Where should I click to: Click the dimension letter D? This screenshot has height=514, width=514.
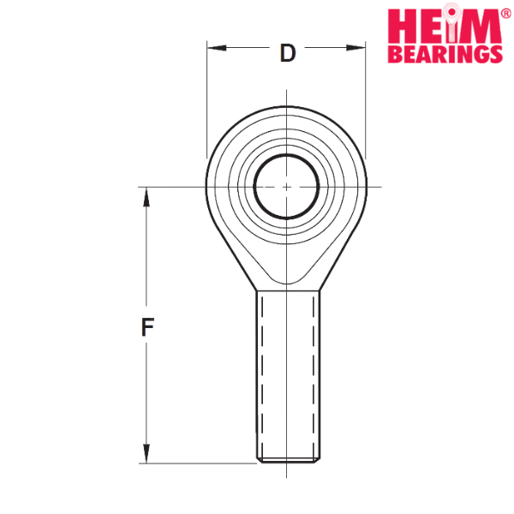click(x=288, y=53)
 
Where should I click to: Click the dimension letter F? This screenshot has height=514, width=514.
click(x=147, y=327)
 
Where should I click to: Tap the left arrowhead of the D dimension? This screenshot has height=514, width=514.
click(x=217, y=48)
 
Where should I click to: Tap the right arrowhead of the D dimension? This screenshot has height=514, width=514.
click(x=356, y=48)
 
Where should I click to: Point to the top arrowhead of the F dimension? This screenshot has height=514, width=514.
click(x=146, y=197)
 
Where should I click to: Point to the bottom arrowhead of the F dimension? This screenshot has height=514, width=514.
click(x=146, y=454)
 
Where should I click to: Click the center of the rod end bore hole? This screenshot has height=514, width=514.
click(x=286, y=187)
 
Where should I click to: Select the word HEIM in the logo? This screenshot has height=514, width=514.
click(x=445, y=27)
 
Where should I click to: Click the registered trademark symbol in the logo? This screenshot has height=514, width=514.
click(x=506, y=14)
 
